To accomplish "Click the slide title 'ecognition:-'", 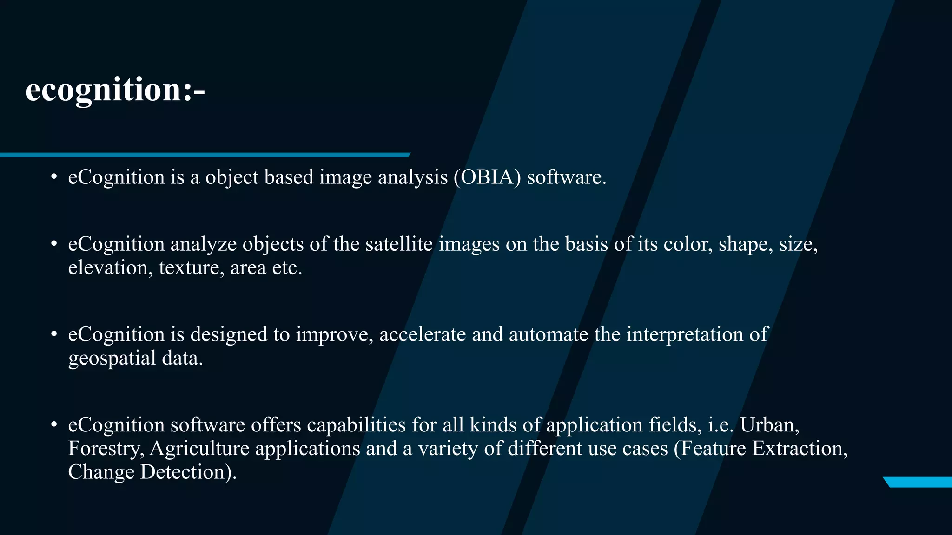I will (115, 89).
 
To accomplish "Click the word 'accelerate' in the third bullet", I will (422, 335).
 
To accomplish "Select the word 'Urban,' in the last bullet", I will (769, 425).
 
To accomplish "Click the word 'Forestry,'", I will (106, 449).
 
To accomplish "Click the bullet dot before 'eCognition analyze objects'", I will (54, 244).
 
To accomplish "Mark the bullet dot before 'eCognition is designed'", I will (54, 334).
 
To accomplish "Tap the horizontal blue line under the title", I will (205, 155).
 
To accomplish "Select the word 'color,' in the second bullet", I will (688, 244).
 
